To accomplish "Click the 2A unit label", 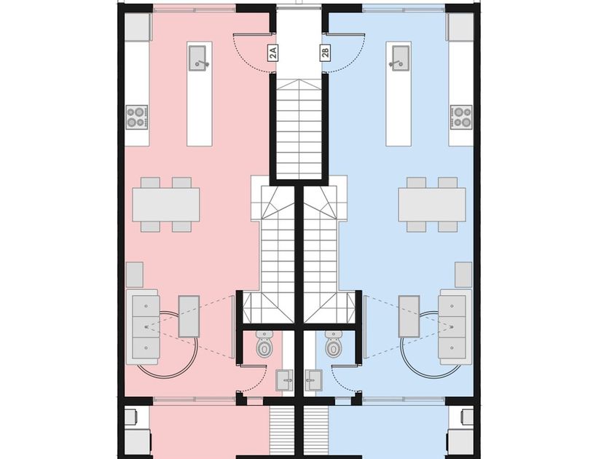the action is [273, 52].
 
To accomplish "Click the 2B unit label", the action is [326, 52].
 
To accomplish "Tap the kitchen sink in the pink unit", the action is [198, 58].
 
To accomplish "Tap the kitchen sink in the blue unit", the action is [400, 58].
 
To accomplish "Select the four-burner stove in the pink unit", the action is [137, 117].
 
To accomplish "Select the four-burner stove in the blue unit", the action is [461, 117].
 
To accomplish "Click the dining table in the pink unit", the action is [166, 205].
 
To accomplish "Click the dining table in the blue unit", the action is [432, 205].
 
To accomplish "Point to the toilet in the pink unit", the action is [264, 344].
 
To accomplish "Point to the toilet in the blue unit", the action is [333, 344].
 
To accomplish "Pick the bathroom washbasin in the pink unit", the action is [284, 380].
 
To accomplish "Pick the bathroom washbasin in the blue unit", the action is [314, 380].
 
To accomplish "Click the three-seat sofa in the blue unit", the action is [455, 327].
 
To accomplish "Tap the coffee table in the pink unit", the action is [189, 316].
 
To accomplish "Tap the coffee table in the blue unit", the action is [409, 316].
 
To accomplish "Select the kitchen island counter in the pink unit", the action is [200, 94].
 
